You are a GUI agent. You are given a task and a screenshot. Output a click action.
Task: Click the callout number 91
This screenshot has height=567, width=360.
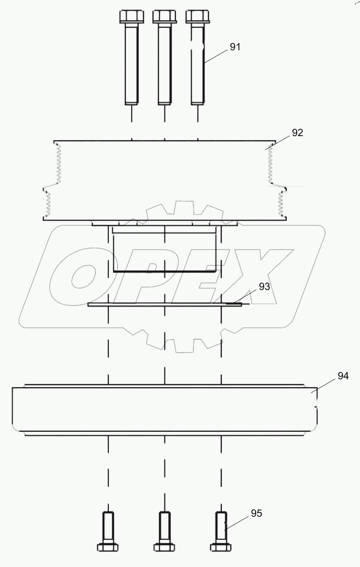click(235, 47)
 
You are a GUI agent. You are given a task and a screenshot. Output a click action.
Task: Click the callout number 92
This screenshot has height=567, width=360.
click(297, 133)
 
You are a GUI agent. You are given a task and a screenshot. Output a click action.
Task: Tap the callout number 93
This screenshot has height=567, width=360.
click(264, 286)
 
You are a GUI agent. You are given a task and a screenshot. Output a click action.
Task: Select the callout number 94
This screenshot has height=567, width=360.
click(343, 376)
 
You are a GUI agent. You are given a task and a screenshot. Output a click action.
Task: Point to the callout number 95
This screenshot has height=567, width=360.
click(256, 513)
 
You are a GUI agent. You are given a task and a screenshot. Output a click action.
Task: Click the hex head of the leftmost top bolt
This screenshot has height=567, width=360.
click(131, 17)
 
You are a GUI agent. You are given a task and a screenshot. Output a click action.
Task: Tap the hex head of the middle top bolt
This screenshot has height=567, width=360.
click(165, 17)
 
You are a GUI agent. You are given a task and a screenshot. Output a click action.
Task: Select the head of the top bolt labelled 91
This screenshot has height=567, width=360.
click(198, 17)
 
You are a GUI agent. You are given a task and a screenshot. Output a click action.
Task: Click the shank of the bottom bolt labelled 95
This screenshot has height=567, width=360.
click(221, 527)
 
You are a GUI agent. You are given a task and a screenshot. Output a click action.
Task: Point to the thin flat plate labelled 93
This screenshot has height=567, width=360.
click(165, 305)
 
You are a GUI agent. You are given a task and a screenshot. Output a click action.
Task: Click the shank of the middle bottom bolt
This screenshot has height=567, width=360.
click(164, 527)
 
